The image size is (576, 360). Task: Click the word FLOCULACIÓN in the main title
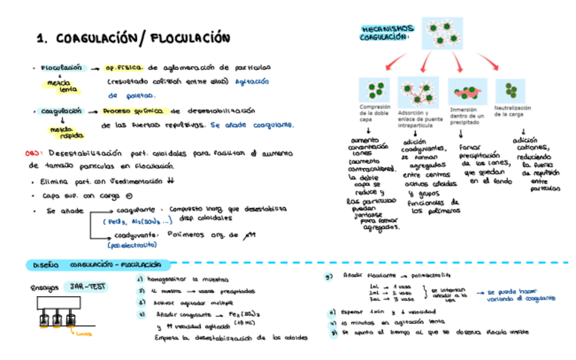[x=185, y=39]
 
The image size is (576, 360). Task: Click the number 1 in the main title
[x=41, y=39]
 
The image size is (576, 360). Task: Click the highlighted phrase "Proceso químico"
[x=133, y=111]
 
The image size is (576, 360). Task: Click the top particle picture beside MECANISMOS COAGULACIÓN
[x=442, y=33]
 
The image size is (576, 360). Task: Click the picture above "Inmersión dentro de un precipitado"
[x=467, y=91]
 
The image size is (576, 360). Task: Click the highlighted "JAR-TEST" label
[x=85, y=287]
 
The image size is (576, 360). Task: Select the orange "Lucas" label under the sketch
[x=84, y=333]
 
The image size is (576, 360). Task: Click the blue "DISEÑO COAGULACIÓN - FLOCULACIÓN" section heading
[x=95, y=264]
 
